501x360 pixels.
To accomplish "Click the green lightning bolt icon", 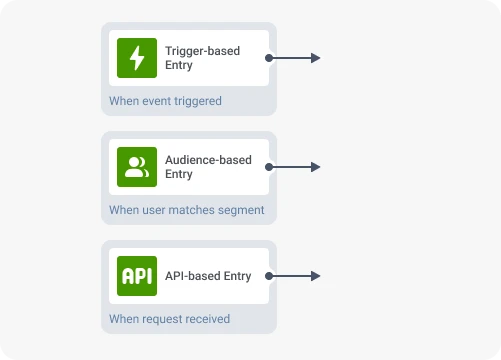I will click(137, 58).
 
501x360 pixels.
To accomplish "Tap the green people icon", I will click(137, 167).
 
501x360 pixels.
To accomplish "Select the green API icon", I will click(137, 276).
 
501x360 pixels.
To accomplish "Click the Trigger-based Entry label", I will click(202, 58).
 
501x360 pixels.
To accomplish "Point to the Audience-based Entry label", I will click(208, 167).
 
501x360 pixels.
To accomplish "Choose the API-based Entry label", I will click(208, 276).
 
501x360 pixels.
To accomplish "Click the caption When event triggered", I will click(165, 101).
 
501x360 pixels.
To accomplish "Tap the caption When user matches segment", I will click(186, 210).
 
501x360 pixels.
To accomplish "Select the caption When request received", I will click(169, 319).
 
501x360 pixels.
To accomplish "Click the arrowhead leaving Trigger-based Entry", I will click(315, 58).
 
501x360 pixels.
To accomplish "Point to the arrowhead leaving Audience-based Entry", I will click(315, 167).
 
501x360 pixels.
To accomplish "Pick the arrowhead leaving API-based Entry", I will click(315, 276).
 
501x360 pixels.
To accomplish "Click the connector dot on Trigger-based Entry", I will click(269, 58).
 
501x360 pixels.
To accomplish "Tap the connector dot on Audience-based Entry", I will click(269, 167).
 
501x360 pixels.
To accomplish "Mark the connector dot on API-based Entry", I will click(269, 276).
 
